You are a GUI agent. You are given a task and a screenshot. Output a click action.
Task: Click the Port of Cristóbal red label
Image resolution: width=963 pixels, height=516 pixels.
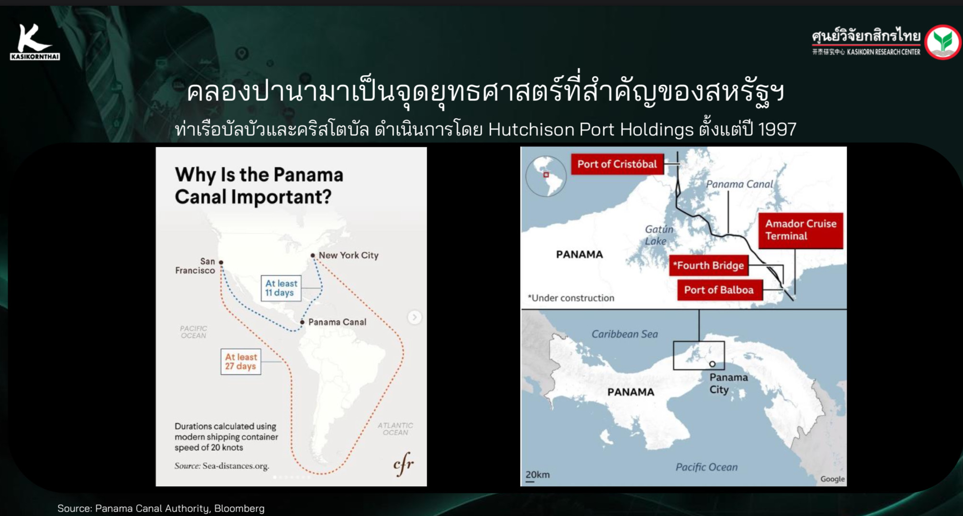coord(617,164)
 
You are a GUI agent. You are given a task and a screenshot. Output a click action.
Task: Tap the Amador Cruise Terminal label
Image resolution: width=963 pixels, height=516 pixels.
coord(801,230)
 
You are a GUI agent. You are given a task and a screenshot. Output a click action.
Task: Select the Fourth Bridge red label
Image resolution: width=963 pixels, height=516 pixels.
coord(708,266)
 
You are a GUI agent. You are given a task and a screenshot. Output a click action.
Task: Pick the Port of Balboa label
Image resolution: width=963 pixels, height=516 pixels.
coord(719,290)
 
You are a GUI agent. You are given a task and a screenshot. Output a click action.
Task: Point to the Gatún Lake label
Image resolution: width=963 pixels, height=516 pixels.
coord(658,235)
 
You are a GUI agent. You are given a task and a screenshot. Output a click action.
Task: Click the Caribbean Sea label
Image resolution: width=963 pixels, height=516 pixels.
coord(624,334)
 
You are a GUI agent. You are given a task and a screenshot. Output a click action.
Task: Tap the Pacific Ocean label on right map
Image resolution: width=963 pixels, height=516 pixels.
coord(706,467)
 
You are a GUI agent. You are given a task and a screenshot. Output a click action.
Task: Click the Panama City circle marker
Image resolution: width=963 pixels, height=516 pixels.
coord(712,364)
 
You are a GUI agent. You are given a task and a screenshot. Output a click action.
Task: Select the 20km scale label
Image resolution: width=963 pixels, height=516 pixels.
coord(537,475)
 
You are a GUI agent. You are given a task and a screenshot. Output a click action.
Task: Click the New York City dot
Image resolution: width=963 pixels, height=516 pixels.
coord(313,256)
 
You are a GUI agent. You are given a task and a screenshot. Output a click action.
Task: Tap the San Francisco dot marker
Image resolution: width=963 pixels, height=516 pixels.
coord(221,262)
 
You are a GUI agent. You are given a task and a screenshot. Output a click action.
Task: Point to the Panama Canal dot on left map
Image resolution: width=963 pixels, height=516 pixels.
coord(302,322)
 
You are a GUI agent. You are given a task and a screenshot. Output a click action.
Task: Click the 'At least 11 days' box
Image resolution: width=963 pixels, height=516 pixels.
coord(281,288)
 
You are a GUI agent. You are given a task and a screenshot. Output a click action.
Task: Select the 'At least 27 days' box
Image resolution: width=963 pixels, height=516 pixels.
coord(241,361)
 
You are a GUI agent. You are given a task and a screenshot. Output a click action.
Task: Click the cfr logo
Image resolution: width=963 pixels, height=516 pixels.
coord(403,464)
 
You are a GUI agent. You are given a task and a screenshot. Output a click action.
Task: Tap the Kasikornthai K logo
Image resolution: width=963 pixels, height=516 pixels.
coord(34,42)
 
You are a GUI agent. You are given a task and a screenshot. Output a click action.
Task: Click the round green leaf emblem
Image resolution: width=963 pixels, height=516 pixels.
coord(942,42)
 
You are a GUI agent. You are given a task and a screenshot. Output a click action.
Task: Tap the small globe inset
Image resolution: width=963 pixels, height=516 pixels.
coord(546,176)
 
